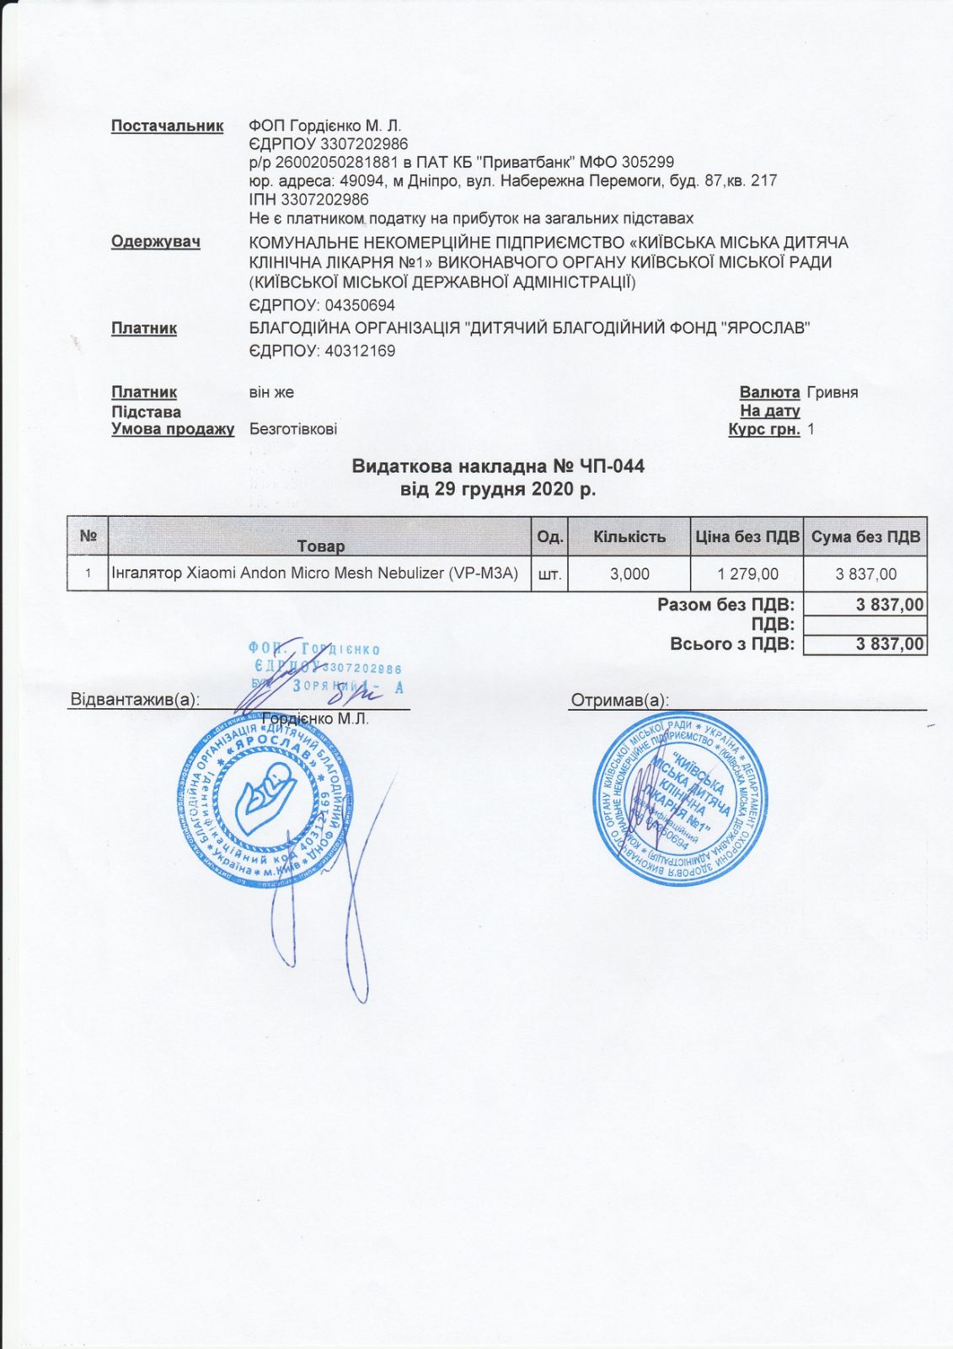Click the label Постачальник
pos(167,126)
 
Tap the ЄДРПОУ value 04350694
pos(359,304)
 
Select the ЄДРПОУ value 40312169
pos(359,350)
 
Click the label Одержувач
pos(155,242)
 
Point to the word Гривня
pos(832,392)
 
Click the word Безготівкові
pos(293,429)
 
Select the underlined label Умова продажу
pos(173,429)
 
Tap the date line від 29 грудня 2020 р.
pos(498,489)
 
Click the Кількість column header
pos(629,537)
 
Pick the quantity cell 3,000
pos(629,574)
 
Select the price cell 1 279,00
pos(747,574)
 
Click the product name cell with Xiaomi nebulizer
pos(319,573)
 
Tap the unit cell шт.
pos(549,574)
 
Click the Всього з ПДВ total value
pos(865,644)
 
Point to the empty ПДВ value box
pos(865,625)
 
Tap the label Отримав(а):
pos(620,700)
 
